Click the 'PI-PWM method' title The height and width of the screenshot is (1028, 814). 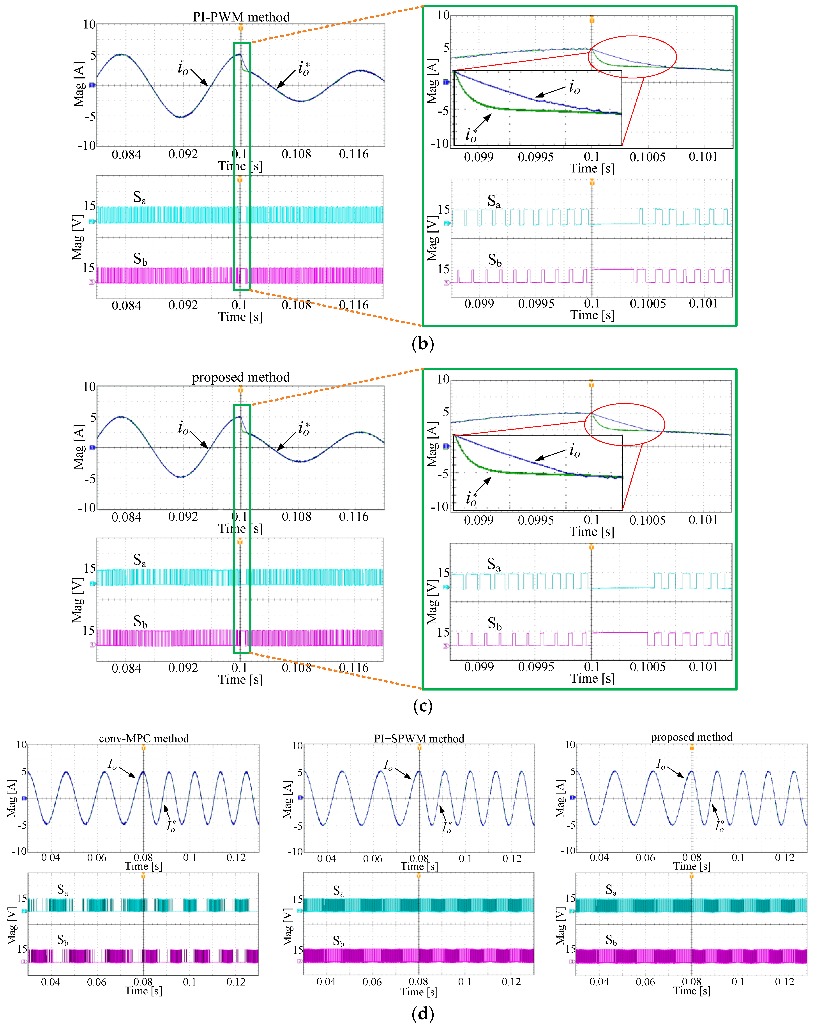pyautogui.click(x=241, y=17)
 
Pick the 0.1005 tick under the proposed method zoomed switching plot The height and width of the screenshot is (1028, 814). pyautogui.click(x=647, y=667)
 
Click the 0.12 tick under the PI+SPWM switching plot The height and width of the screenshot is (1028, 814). pyautogui.click(x=511, y=982)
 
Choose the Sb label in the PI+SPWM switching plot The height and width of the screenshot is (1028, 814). pyautogui.click(x=338, y=941)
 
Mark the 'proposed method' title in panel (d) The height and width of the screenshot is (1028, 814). pyautogui.click(x=692, y=737)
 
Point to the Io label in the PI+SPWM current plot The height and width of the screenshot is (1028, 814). pyautogui.click(x=389, y=765)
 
